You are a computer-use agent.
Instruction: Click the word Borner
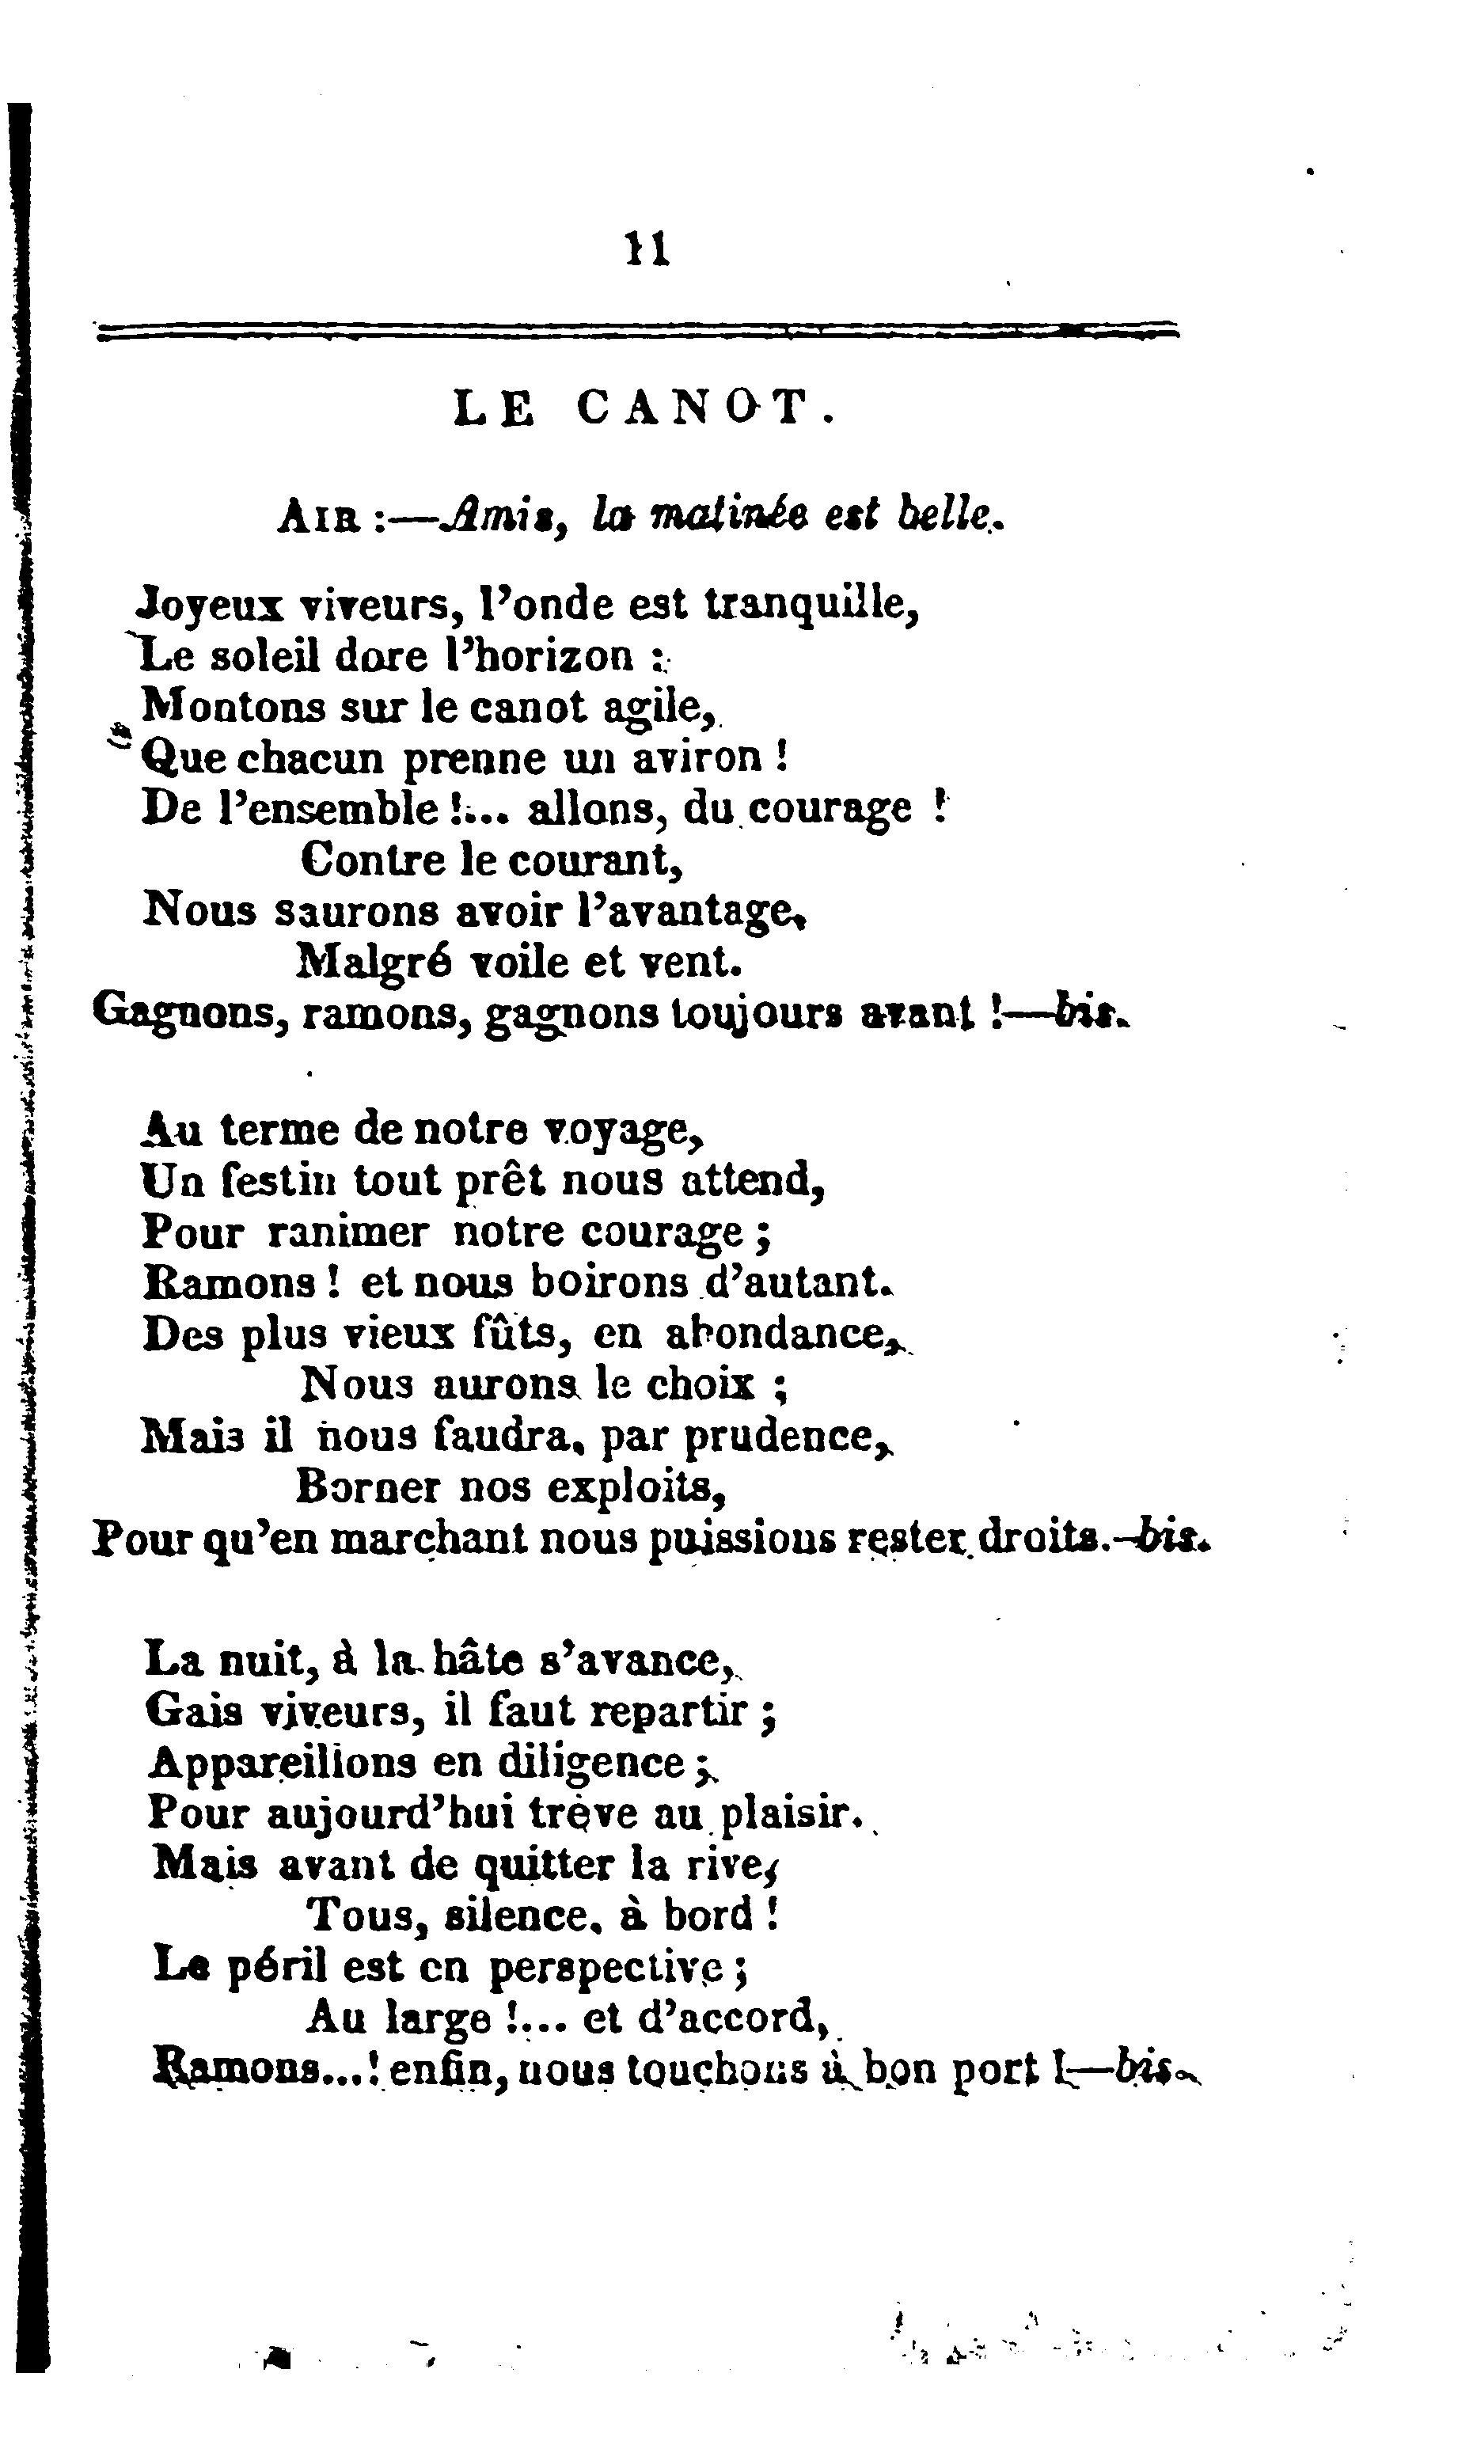(368, 1486)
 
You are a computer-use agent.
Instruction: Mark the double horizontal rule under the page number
(636, 332)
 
